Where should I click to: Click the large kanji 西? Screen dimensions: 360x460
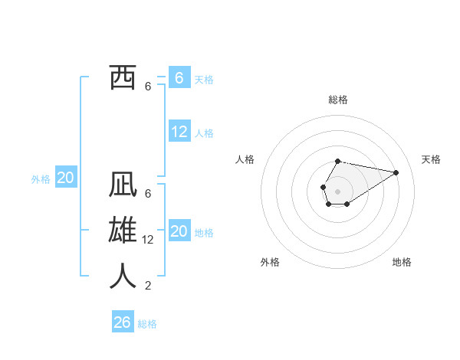tap(123, 78)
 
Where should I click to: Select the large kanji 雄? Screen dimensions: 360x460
tap(123, 231)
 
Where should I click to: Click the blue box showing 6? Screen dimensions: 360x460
tap(179, 78)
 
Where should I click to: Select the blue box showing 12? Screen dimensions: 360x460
tap(179, 132)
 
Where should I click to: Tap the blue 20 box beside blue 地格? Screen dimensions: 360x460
tap(179, 231)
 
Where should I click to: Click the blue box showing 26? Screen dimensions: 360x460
tap(123, 322)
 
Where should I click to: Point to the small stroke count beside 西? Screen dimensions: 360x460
tap(148, 87)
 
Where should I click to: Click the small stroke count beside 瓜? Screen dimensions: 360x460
tap(148, 194)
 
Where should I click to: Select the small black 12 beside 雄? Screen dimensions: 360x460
tap(149, 240)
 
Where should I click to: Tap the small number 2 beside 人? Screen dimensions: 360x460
tap(148, 286)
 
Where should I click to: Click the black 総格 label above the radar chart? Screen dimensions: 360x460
tap(338, 100)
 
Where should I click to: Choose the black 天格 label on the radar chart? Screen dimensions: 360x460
tap(431, 159)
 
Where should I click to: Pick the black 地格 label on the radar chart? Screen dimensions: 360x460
tap(402, 262)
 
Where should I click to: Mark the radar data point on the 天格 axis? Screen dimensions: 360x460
tap(396, 172)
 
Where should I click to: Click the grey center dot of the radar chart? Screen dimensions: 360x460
tap(337, 190)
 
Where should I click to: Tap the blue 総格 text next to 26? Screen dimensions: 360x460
tap(147, 324)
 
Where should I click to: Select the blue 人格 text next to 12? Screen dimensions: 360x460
tap(204, 133)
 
